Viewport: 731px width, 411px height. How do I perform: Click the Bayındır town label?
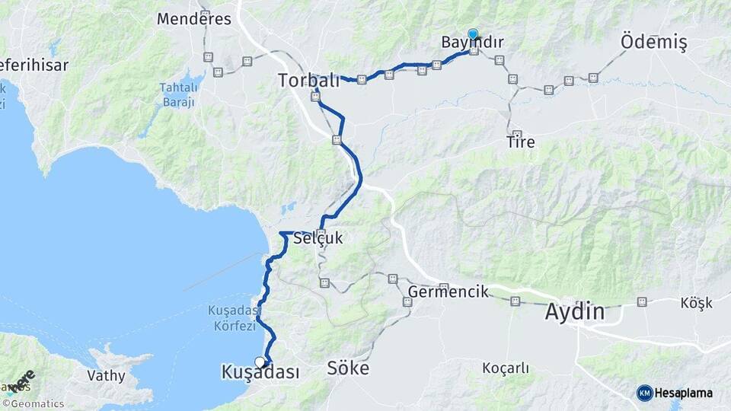pyautogui.click(x=472, y=43)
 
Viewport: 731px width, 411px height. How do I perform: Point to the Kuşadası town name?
pyautogui.click(x=260, y=372)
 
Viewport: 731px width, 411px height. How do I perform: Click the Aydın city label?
pyautogui.click(x=575, y=312)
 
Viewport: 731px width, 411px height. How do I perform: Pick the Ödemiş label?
pyautogui.click(x=653, y=43)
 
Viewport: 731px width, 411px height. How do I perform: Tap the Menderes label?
pyautogui.click(x=194, y=19)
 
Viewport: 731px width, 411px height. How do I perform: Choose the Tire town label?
pyautogui.click(x=520, y=142)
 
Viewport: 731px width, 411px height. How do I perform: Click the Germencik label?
pyautogui.click(x=448, y=292)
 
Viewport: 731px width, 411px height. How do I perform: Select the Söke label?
pyautogui.click(x=348, y=369)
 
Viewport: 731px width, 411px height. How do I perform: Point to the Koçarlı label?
pyautogui.click(x=506, y=368)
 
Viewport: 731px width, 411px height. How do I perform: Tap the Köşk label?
pyautogui.click(x=696, y=303)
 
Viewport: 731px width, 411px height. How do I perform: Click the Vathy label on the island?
pyautogui.click(x=105, y=375)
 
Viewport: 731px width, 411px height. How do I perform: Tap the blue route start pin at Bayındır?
pyautogui.click(x=473, y=33)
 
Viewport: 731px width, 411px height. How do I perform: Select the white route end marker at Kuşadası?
pyautogui.click(x=260, y=362)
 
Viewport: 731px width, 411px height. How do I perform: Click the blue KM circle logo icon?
pyautogui.click(x=645, y=393)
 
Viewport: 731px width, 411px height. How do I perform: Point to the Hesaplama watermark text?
pyautogui.click(x=685, y=393)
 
